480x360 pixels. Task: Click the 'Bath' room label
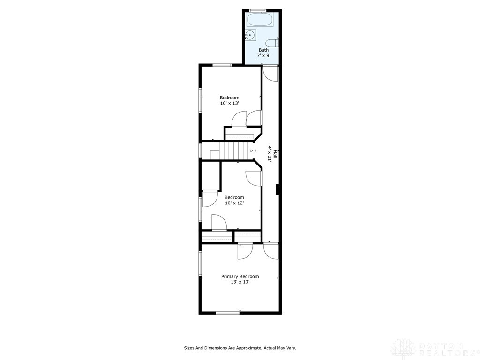pos(264,50)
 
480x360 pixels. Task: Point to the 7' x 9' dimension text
pos(264,56)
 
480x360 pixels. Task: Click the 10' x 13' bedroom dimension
pos(230,103)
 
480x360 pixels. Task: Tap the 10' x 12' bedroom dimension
pos(234,203)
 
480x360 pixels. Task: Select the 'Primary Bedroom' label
pos(240,276)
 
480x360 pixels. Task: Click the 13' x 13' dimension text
pos(240,282)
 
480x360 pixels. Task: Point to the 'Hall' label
pos(275,154)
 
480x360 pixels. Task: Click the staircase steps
pos(234,151)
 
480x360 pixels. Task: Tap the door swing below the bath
pos(271,73)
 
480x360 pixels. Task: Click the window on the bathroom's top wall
pos(257,10)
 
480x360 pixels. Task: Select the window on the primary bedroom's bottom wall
pos(228,312)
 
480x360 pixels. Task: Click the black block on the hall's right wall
pos(278,189)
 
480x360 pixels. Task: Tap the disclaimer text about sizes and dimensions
pos(240,348)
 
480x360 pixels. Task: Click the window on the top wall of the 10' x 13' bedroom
pos(222,65)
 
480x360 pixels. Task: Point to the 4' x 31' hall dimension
pos(270,153)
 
